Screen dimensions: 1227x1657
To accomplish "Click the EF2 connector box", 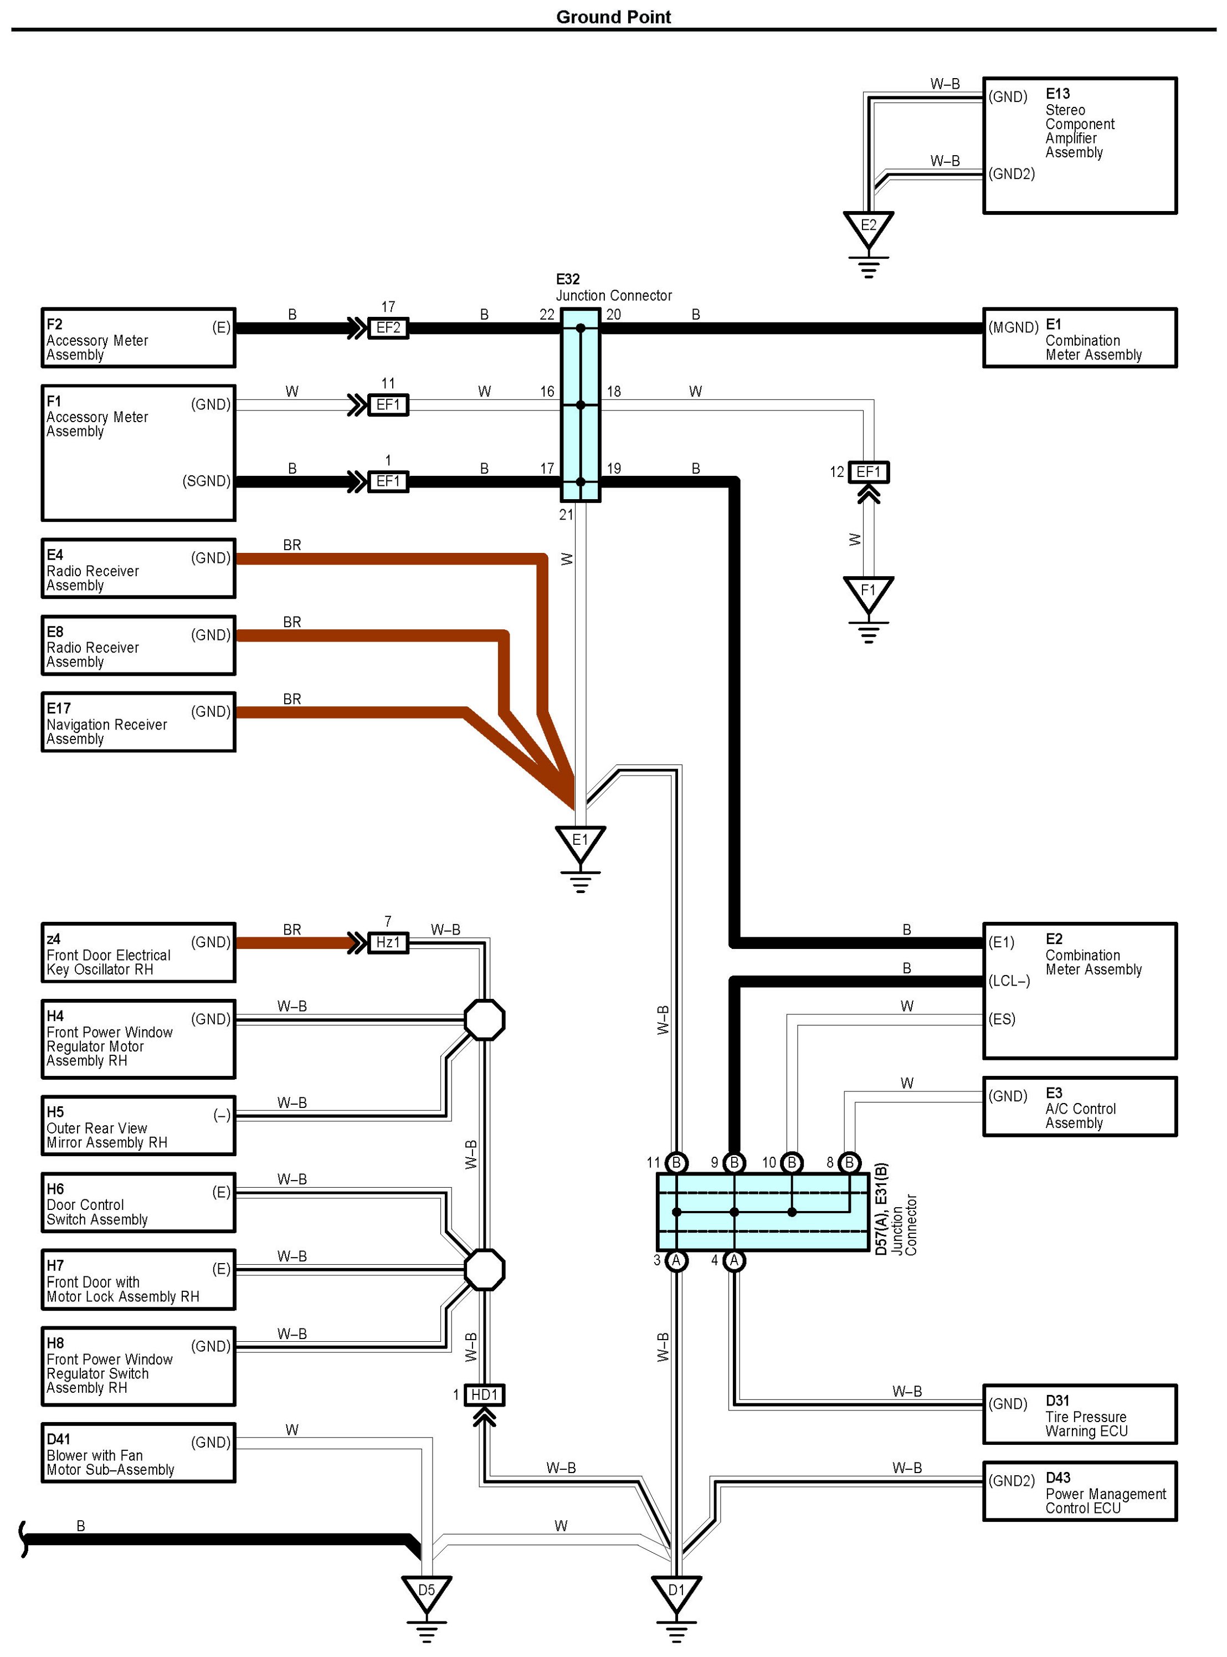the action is pyautogui.click(x=388, y=327).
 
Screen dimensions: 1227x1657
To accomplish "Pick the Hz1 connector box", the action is pyautogui.click(x=388, y=942).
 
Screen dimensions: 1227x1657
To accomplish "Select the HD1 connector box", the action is pyautogui.click(x=484, y=1395).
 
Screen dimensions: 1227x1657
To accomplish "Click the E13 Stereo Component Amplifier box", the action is pyautogui.click(x=1080, y=146).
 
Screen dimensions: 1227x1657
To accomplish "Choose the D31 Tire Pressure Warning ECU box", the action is pyautogui.click(x=1080, y=1414).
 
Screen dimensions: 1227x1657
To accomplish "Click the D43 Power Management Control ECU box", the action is pyautogui.click(x=1080, y=1491).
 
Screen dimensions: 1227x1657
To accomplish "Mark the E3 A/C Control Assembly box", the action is pyautogui.click(x=1080, y=1107).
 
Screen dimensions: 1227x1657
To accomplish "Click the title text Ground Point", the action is pyautogui.click(x=614, y=17).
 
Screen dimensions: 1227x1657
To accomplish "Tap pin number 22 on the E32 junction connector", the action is pyautogui.click(x=547, y=315).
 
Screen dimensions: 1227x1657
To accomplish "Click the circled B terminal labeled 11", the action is pyautogui.click(x=676, y=1162).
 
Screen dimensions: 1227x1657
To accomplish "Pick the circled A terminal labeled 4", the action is pyautogui.click(x=734, y=1260).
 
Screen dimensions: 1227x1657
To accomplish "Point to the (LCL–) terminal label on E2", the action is pyautogui.click(x=1009, y=981).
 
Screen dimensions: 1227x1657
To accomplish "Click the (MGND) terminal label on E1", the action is pyautogui.click(x=1013, y=327).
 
